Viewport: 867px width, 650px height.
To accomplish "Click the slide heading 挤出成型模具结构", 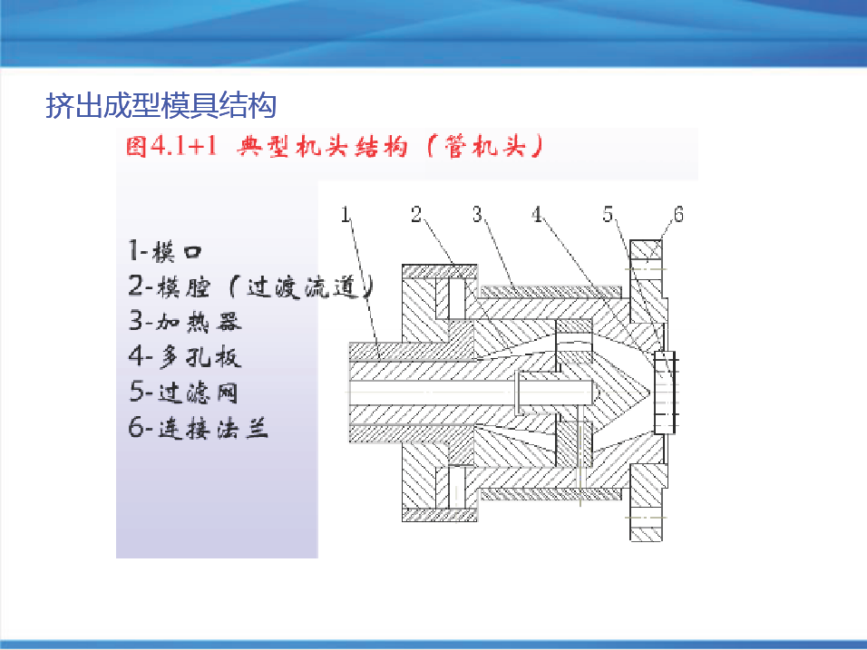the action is point(161,105).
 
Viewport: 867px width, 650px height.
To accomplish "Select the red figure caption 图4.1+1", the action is point(170,147).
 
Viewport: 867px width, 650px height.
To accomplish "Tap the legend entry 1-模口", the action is point(165,251).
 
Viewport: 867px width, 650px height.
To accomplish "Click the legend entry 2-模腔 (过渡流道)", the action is point(251,286).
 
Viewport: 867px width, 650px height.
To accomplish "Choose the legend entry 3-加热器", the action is point(185,321).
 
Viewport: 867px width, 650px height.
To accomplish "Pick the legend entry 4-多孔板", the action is point(185,356).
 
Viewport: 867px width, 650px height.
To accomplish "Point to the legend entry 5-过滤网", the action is point(183,392).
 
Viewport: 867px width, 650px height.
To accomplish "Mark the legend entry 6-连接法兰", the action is point(198,427).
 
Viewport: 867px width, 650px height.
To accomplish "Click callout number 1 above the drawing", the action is point(346,214).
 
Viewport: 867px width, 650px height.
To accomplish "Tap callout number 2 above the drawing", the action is point(416,214).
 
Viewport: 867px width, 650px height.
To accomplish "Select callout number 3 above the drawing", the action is point(477,214).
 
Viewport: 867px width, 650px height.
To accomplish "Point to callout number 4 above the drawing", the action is point(537,214).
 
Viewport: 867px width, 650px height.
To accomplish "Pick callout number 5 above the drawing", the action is point(608,214).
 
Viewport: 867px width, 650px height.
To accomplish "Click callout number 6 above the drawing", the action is point(678,214).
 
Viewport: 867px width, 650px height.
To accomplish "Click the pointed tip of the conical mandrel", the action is point(649,393).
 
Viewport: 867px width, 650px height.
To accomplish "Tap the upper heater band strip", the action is point(550,291).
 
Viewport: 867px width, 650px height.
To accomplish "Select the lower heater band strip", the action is point(550,494).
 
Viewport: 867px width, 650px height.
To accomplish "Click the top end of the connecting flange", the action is point(646,241).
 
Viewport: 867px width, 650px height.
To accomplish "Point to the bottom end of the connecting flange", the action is point(646,539).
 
